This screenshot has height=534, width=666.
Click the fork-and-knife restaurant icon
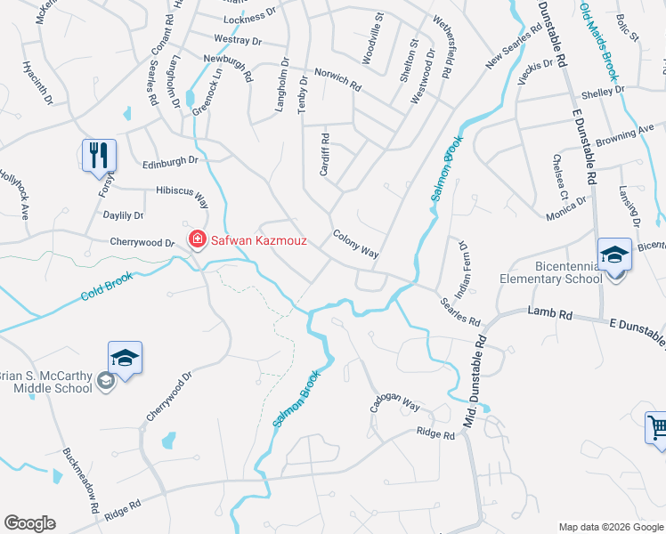pos(99,155)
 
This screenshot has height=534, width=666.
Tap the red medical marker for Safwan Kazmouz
pos(196,239)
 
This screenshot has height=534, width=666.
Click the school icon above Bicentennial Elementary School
pos(614,255)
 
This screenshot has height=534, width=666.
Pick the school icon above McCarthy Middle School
pos(125,359)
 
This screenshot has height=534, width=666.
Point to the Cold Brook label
pos(107,287)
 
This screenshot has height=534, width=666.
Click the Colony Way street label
pos(356,245)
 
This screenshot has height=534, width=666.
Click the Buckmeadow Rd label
pos(81,480)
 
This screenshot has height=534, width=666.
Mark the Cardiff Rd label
pos(325,154)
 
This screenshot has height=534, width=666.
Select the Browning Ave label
pos(625,134)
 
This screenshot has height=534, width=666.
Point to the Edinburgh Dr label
pos(169,161)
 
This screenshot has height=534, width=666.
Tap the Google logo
pos(30,523)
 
